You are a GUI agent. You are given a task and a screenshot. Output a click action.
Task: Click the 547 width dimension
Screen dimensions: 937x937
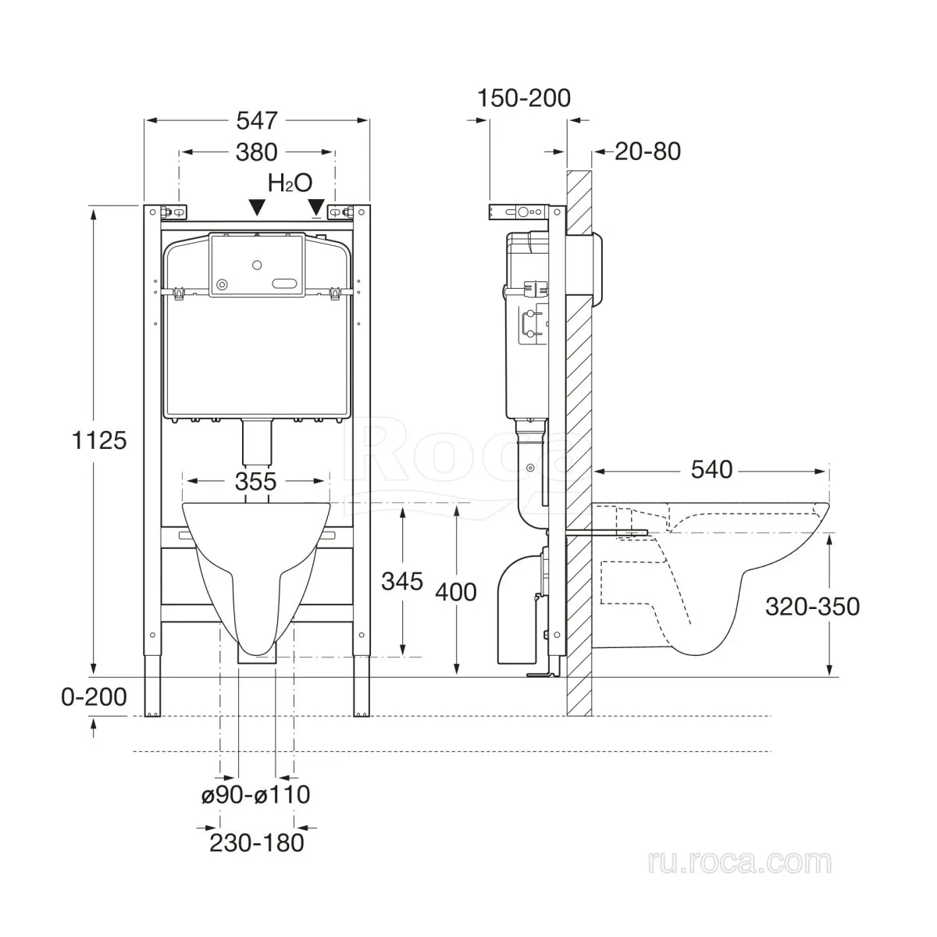(x=257, y=120)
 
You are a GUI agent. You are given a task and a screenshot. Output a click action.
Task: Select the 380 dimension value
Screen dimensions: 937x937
(x=257, y=152)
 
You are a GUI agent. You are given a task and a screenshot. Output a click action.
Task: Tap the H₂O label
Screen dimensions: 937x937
(x=290, y=183)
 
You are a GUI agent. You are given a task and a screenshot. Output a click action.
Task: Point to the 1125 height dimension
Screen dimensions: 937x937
(x=99, y=440)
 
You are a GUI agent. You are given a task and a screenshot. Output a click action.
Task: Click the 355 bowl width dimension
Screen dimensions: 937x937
(x=256, y=482)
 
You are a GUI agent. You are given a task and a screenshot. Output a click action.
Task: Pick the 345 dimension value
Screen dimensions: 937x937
(x=402, y=581)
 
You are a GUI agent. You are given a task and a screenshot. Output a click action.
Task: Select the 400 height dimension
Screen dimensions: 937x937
(x=456, y=592)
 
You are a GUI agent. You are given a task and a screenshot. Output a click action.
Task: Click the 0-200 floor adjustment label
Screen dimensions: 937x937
(x=94, y=697)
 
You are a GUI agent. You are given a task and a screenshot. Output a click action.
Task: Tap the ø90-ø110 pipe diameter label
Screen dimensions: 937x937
(x=256, y=795)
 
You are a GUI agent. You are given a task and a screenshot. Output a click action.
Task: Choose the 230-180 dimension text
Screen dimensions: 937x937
(x=257, y=843)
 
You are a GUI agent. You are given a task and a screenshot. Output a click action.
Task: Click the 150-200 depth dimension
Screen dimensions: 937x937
(x=524, y=98)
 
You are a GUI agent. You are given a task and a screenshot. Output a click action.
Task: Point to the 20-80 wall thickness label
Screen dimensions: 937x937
(x=647, y=151)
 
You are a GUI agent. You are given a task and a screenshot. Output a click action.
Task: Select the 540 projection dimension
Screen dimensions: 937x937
(x=711, y=470)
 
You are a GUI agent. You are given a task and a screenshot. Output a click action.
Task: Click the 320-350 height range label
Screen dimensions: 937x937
(x=813, y=607)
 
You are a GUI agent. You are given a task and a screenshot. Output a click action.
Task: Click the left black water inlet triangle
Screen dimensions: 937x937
(x=257, y=207)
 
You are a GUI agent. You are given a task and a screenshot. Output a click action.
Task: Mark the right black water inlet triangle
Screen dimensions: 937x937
(x=317, y=207)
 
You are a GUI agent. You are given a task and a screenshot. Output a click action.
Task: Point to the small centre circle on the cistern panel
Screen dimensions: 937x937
(x=257, y=265)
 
